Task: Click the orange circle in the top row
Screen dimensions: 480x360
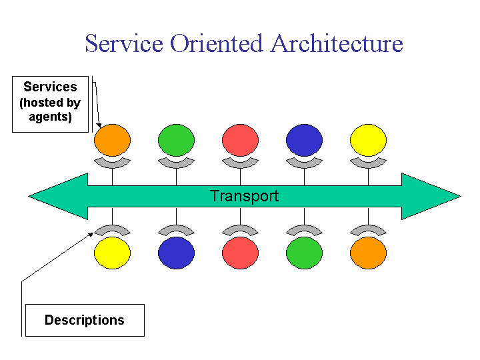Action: coord(113,140)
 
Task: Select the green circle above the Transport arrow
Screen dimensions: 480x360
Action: coord(176,140)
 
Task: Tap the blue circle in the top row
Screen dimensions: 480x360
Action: coord(304,140)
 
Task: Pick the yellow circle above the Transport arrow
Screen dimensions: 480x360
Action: coord(368,140)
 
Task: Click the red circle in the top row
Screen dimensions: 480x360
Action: coord(240,140)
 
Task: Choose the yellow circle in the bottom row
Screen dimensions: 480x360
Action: coord(113,253)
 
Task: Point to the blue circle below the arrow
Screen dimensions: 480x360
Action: coord(176,253)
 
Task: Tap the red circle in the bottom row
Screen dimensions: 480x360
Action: coord(240,253)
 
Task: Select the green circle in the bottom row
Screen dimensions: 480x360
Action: coord(304,253)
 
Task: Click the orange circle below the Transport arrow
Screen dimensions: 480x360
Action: coord(368,253)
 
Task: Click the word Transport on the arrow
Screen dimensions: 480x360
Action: coord(244,196)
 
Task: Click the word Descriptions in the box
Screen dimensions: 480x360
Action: coord(85,320)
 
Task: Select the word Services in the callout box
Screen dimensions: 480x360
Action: coord(50,87)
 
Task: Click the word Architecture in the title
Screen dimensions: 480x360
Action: coord(337,43)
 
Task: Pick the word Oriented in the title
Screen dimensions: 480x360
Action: coord(217,43)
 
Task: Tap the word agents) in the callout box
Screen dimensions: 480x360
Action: coord(50,117)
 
